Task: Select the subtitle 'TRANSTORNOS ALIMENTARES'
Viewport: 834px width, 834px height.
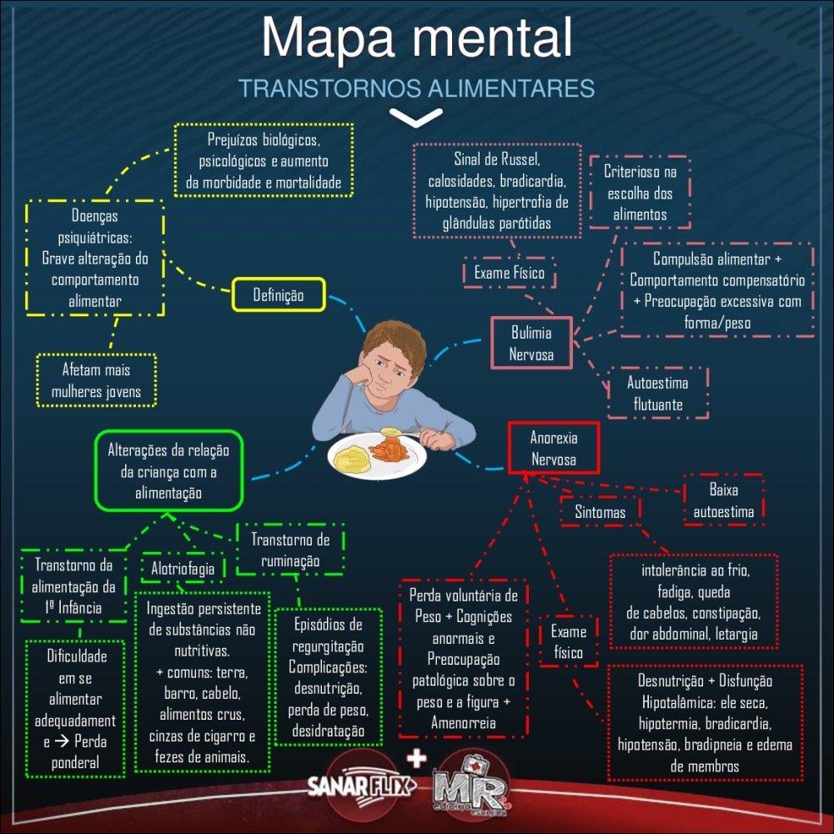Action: [x=416, y=88]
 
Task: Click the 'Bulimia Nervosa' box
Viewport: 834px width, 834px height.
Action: [x=531, y=344]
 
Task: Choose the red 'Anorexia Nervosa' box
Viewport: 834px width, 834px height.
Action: [x=553, y=448]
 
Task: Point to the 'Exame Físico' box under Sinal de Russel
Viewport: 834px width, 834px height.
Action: [x=509, y=273]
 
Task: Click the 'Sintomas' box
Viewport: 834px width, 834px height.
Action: [x=600, y=512]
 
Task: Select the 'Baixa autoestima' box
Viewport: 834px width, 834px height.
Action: [x=724, y=500]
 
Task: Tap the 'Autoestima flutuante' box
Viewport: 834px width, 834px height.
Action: [x=658, y=394]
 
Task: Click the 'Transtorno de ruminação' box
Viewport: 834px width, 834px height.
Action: [x=290, y=550]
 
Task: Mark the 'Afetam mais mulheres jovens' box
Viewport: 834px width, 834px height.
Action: [x=96, y=379]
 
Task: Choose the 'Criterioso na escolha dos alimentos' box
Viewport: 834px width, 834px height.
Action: [x=640, y=193]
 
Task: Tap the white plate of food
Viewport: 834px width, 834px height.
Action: [x=376, y=455]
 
